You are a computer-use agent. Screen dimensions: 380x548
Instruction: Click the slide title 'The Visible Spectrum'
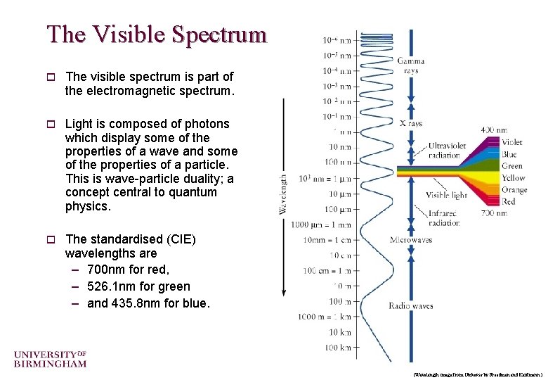click(157, 34)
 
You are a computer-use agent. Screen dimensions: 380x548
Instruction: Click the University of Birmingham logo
click(50, 358)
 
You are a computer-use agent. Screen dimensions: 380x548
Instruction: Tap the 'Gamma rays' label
click(410, 65)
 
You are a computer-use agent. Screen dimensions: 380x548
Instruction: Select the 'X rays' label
click(411, 123)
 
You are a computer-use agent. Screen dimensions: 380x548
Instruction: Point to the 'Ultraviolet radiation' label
click(447, 150)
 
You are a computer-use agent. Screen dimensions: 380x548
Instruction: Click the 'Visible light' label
click(447, 195)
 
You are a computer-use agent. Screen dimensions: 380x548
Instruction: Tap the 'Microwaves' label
click(411, 240)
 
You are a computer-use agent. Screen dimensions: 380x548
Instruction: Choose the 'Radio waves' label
click(411, 306)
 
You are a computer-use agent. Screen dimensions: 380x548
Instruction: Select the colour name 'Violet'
click(512, 142)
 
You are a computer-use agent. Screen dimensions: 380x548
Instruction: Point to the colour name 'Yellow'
click(514, 178)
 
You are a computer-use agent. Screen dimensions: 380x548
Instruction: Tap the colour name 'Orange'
click(514, 190)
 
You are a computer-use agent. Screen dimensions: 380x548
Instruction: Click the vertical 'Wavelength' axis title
click(283, 194)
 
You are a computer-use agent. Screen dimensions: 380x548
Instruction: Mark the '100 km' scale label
click(337, 348)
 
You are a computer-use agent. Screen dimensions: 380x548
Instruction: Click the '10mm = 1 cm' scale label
click(327, 240)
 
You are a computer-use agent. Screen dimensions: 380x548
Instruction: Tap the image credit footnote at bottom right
click(478, 373)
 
